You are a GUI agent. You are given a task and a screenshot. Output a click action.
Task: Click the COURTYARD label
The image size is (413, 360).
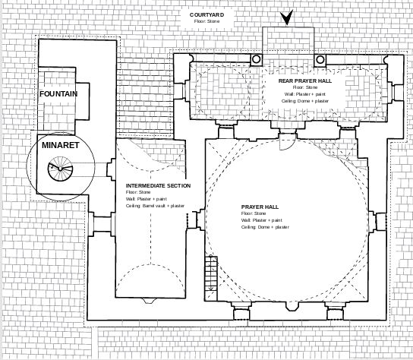coord(206,14)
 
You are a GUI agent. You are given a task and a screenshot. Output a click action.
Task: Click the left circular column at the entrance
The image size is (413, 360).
coord(256,59)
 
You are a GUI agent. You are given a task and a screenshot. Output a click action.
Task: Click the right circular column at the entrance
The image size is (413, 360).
coord(320,59)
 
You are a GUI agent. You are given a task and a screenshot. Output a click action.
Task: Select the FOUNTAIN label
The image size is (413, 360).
coord(58,94)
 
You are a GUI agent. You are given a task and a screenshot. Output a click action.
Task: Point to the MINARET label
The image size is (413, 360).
coord(61,145)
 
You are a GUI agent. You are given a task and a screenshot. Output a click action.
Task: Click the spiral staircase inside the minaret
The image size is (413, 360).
coord(60,169)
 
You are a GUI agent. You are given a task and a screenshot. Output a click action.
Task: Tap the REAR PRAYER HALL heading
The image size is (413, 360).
coord(305,81)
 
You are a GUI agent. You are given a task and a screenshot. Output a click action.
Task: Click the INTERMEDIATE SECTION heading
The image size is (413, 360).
coord(158,186)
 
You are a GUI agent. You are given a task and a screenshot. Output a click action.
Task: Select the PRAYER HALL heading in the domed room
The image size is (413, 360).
coord(260,207)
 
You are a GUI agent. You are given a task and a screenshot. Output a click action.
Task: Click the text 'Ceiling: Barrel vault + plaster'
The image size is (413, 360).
coord(155,206)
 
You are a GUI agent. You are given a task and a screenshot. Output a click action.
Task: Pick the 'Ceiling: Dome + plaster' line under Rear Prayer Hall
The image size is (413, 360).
coord(305,101)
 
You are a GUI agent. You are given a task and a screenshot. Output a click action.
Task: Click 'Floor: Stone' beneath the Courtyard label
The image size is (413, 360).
coord(206,21)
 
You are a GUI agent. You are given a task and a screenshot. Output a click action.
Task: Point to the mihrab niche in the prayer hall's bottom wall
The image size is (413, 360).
coord(292,306)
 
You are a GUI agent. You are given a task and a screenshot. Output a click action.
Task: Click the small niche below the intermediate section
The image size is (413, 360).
coord(149,301)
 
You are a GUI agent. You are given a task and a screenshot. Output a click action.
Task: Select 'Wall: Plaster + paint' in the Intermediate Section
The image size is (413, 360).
coord(147,199)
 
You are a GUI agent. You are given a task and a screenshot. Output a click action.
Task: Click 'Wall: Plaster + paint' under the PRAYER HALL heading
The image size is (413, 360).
coord(262,220)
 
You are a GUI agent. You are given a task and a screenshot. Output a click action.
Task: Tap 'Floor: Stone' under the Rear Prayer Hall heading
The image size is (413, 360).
coord(305,87)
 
